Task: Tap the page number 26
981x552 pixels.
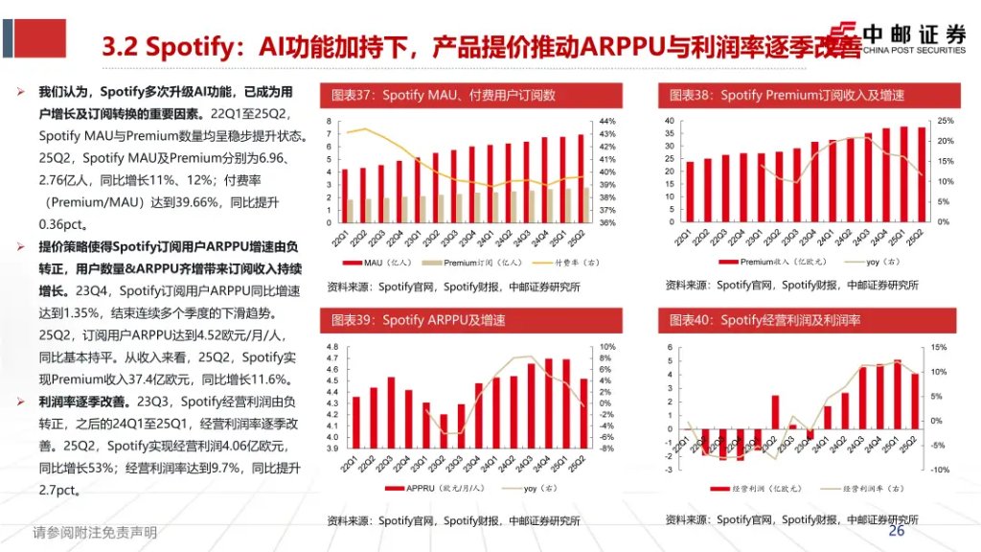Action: [897, 531]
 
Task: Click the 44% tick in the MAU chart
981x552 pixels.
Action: [607, 122]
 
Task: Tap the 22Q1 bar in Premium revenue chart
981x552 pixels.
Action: [690, 192]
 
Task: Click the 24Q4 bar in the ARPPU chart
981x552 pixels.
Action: [548, 403]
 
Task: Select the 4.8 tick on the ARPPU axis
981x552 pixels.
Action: [333, 347]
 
